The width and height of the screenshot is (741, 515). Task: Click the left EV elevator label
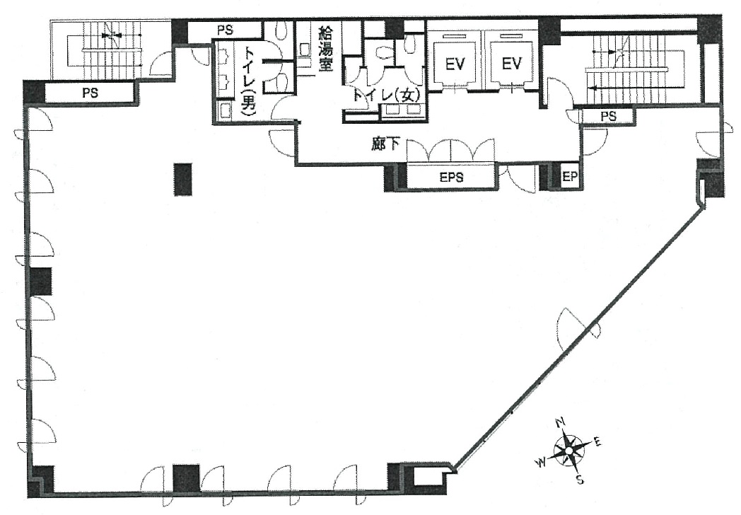tap(455, 64)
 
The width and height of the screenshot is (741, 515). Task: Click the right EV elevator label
tap(511, 64)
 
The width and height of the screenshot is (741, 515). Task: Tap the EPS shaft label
tap(451, 178)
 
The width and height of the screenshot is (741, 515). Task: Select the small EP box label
tap(569, 177)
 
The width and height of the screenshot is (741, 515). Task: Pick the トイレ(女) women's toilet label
tap(382, 94)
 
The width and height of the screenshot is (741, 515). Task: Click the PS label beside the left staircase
tap(89, 93)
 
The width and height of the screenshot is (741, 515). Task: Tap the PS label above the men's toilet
tap(225, 30)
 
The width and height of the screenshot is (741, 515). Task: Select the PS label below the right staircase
tap(607, 115)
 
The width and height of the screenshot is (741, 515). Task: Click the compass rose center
tap(570, 450)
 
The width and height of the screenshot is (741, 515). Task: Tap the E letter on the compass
tap(597, 442)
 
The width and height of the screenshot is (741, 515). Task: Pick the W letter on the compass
tap(540, 462)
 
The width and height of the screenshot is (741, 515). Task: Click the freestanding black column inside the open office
tap(182, 180)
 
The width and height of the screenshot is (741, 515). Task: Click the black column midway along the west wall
tap(40, 281)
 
